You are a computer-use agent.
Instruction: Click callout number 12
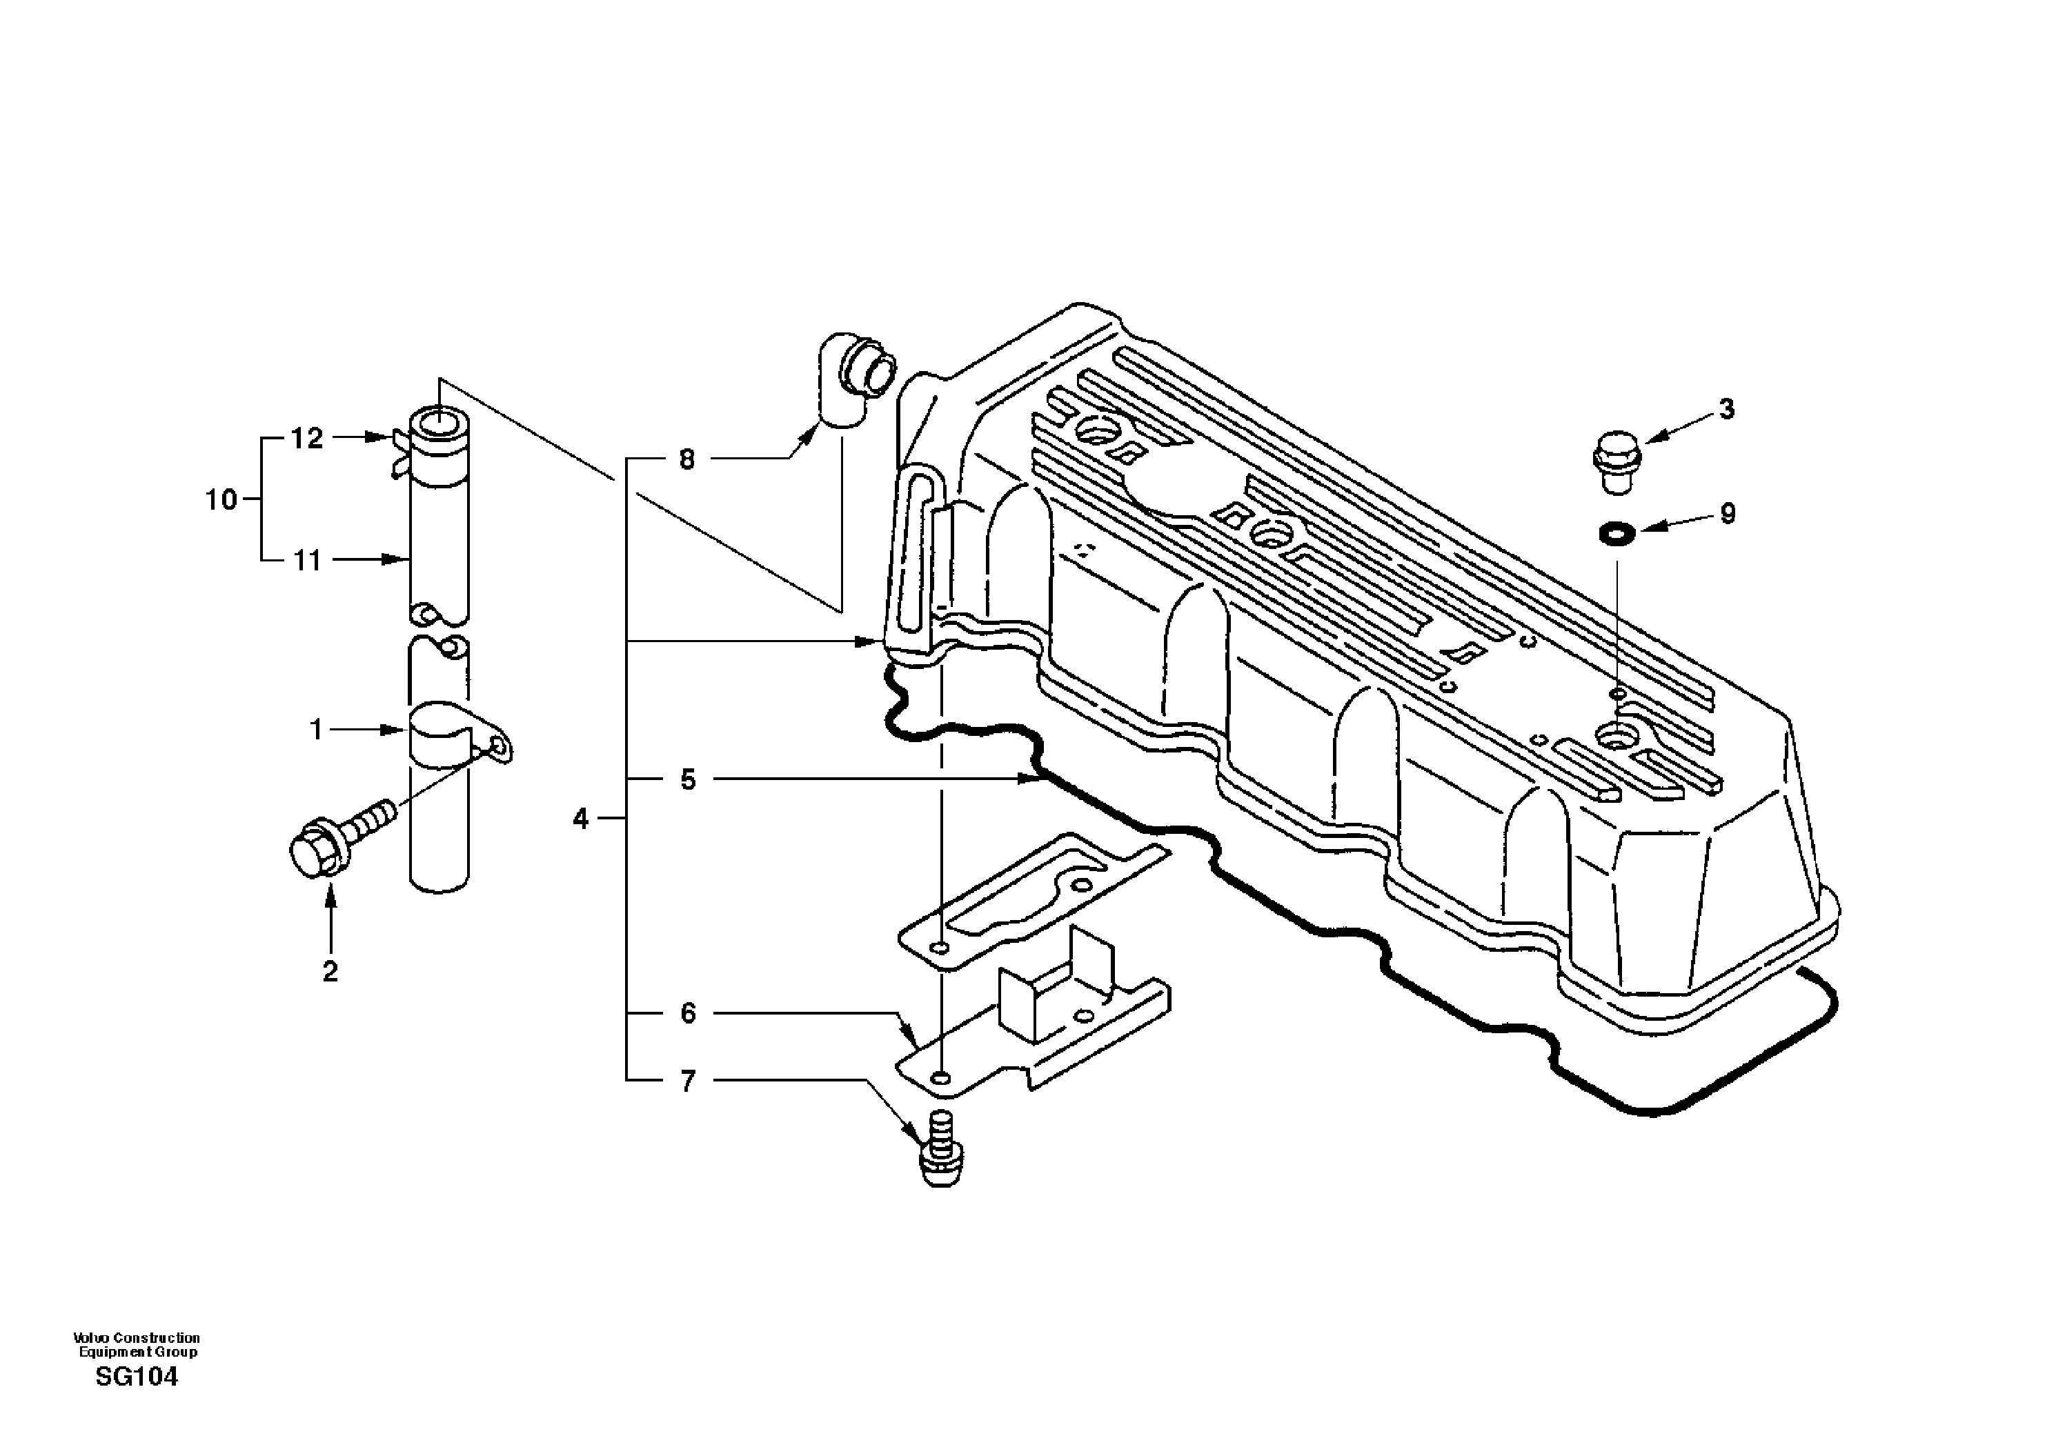(306, 439)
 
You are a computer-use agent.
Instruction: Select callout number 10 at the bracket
(221, 499)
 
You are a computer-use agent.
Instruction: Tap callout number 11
(307, 561)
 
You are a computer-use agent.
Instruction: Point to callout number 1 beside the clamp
(315, 730)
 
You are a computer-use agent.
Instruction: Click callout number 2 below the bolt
(330, 972)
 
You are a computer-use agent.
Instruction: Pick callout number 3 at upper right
(1726, 409)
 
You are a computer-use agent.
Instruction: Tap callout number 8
(686, 460)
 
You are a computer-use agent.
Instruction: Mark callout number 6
(686, 1014)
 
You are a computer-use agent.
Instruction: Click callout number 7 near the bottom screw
(686, 1081)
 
